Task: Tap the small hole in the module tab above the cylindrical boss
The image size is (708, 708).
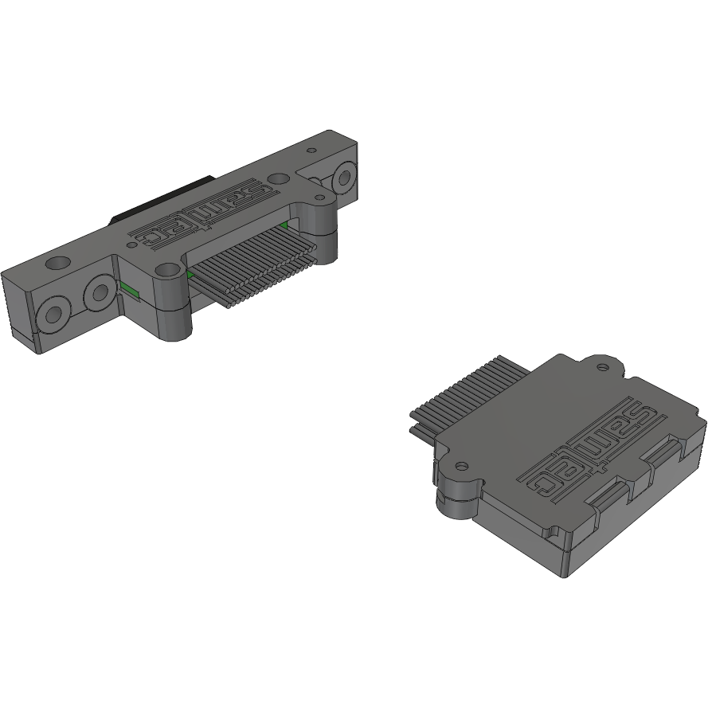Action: pyautogui.click(x=460, y=464)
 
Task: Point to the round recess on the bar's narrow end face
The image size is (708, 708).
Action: pyautogui.click(x=345, y=177)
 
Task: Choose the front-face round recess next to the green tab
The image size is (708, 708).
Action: pyautogui.click(x=100, y=293)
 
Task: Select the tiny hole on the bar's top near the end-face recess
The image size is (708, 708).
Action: pyautogui.click(x=312, y=149)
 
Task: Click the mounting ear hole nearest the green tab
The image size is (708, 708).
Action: pyautogui.click(x=166, y=271)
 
